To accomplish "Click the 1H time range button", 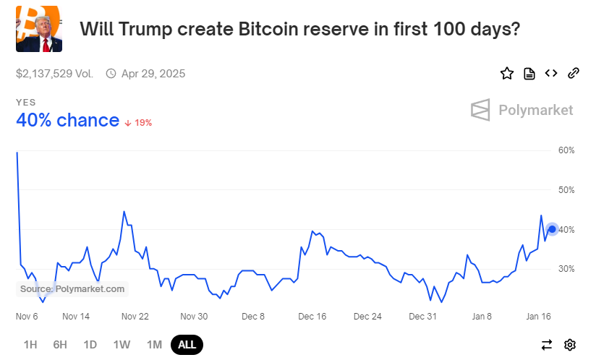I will pos(30,345).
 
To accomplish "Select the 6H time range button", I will pos(60,345).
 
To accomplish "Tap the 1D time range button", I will pos(90,345).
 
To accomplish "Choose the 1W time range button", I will pos(122,345).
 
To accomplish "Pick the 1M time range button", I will pos(154,345).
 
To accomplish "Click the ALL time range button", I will pos(187,345).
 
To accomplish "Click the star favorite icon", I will pos(507,73).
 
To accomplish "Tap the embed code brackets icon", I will pos(551,73).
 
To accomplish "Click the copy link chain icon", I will pos(574,73).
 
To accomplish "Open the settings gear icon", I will pos(570,345).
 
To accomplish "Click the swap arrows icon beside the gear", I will pos(547,345).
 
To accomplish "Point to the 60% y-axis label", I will pos(566,150).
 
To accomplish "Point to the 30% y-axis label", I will pos(566,269).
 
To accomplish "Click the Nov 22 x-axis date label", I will pos(135,317).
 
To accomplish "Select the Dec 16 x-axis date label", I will pos(312,317).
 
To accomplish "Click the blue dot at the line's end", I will pos(553,229).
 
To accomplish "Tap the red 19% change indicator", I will pos(139,123).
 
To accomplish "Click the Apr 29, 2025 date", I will pos(153,74).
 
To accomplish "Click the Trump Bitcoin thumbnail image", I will pos(39,29).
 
